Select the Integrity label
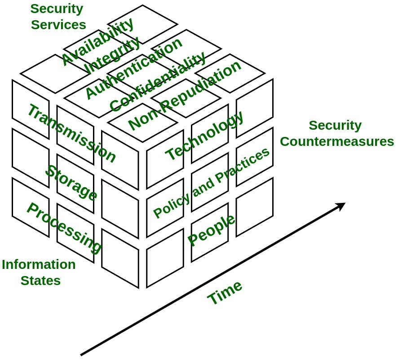pyautogui.click(x=112, y=55)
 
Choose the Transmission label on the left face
pyautogui.click(x=71, y=133)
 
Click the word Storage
pyautogui.click(x=71, y=183)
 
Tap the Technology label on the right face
pyautogui.click(x=204, y=135)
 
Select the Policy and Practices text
pyautogui.click(x=212, y=182)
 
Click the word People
pyautogui.click(x=211, y=230)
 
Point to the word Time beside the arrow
pyautogui.click(x=225, y=292)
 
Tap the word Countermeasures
pyautogui.click(x=337, y=142)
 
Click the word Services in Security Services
pyautogui.click(x=58, y=25)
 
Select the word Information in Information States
pyautogui.click(x=39, y=264)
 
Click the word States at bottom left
pyautogui.click(x=40, y=281)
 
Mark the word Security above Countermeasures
pyautogui.click(x=335, y=125)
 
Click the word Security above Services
pyautogui.click(x=57, y=9)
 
